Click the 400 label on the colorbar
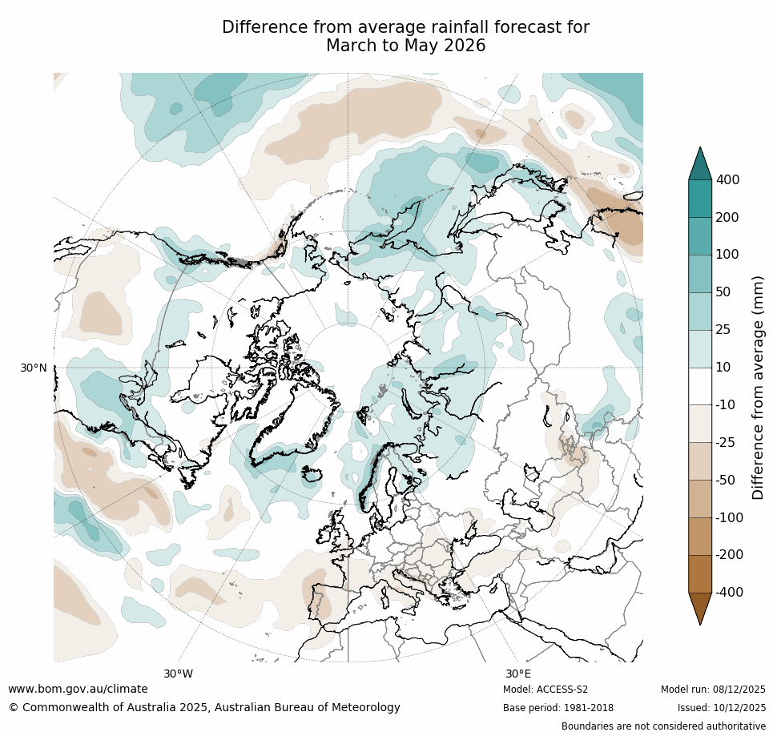[727, 180]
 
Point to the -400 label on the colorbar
[729, 592]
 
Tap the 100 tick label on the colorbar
[727, 255]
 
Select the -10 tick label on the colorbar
[726, 405]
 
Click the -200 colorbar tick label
[729, 554]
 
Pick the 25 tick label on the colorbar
[723, 330]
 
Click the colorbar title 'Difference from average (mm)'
[758, 387]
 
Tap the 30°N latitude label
[34, 368]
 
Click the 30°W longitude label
[178, 674]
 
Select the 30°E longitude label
[517, 674]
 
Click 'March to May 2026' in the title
[405, 46]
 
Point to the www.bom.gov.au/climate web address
[78, 689]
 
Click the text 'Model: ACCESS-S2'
[546, 690]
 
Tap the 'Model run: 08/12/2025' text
[713, 690]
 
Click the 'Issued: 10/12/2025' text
[721, 708]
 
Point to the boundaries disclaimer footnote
[663, 726]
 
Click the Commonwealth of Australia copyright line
[204, 707]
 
